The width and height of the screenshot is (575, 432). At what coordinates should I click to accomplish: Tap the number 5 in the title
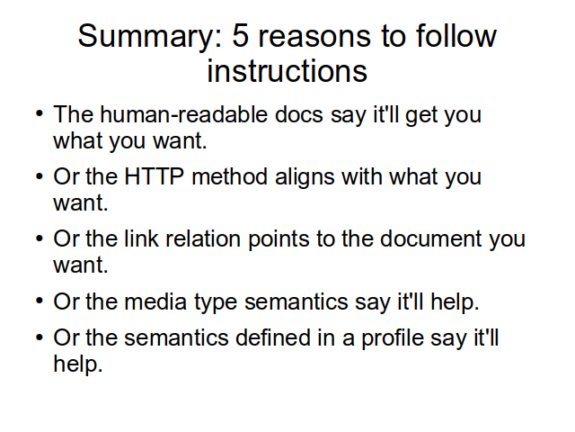pos(241,36)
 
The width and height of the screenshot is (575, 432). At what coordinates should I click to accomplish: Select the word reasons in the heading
pos(314,38)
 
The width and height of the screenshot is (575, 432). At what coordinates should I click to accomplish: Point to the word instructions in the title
pos(287,70)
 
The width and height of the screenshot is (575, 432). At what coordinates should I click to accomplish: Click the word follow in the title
pos(456,35)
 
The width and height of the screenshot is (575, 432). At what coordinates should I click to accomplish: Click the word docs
pos(299,114)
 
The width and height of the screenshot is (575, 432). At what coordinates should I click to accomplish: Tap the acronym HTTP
pos(154,176)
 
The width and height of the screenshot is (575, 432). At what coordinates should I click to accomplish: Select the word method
pos(229,176)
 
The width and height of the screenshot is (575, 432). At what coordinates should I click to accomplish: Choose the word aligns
pos(305,178)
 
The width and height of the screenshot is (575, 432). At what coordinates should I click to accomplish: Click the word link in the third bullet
pos(142,238)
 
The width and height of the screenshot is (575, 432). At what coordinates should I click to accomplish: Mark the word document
pos(430,238)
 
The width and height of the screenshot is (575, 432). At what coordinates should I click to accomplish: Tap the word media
pos(155,301)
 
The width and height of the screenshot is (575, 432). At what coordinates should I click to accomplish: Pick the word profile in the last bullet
pos(392,339)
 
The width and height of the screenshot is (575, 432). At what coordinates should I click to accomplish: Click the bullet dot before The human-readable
pos(40,113)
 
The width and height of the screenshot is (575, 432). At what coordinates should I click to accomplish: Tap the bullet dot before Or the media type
pos(40,301)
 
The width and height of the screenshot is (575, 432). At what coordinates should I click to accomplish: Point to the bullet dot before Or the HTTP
pos(40,176)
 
